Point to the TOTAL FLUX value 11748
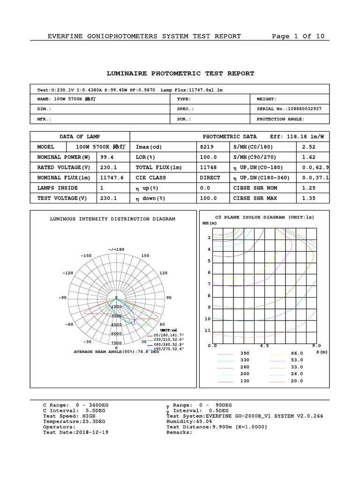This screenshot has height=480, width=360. (208, 167)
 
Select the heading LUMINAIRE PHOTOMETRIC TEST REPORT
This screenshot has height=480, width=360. (180, 74)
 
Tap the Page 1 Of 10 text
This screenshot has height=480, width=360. (298, 37)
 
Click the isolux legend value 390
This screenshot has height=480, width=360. (245, 353)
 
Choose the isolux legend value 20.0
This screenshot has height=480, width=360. (297, 381)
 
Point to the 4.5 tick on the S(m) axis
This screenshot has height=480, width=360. (264, 346)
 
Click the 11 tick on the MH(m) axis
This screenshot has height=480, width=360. (208, 330)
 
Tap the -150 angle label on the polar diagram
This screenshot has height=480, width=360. (86, 256)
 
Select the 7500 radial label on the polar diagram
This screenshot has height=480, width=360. (117, 343)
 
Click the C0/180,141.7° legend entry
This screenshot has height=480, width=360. (169, 336)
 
